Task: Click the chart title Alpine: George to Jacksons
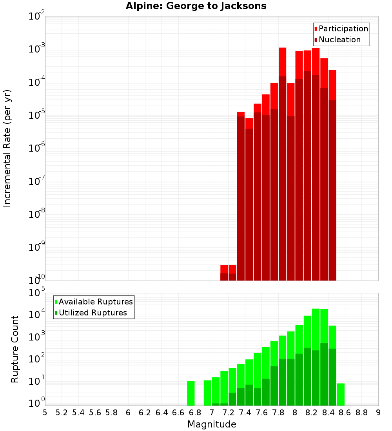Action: (x=196, y=6)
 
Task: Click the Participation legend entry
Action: (x=343, y=29)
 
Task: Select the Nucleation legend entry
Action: (x=339, y=40)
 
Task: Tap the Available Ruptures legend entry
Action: (x=95, y=302)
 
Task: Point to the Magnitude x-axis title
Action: (x=212, y=424)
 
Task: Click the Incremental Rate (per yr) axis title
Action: (x=7, y=148)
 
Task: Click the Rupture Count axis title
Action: (x=15, y=349)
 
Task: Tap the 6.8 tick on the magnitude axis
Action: (x=195, y=413)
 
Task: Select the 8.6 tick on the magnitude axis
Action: (x=345, y=413)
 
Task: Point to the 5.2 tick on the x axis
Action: (x=62, y=413)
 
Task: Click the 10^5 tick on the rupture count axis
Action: (x=38, y=293)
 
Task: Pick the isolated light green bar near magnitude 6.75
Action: (x=191, y=393)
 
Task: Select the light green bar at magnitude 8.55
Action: (x=341, y=394)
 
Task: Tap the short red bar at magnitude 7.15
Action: (x=224, y=269)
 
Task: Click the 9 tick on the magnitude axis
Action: (x=378, y=413)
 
